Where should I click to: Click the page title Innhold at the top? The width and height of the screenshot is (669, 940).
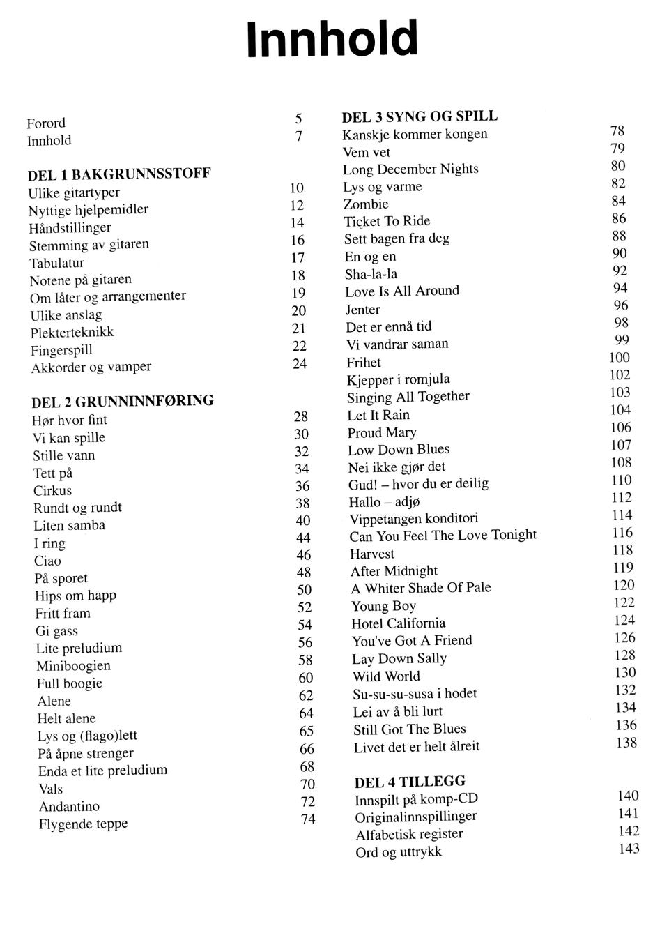(332, 40)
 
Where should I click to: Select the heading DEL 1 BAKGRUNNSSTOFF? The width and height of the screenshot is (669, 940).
(119, 174)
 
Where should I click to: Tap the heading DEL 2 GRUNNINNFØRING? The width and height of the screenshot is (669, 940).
(123, 402)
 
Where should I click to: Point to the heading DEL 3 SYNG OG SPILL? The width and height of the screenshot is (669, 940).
(420, 116)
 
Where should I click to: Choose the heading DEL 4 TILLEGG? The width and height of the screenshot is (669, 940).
(410, 782)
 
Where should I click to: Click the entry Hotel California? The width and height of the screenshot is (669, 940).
(398, 623)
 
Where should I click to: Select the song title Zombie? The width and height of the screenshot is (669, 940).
(366, 204)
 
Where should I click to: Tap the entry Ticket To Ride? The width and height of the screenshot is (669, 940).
(387, 222)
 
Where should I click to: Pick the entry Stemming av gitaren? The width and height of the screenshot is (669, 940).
(89, 245)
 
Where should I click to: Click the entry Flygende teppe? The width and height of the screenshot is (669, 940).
(83, 824)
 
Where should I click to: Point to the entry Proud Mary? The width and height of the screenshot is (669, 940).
(382, 432)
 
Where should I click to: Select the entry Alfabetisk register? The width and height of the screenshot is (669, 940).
(409, 834)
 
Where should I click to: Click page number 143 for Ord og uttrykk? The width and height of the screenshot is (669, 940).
(629, 849)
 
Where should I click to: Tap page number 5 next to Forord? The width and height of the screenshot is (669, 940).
(298, 119)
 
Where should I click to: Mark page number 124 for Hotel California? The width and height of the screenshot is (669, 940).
(624, 620)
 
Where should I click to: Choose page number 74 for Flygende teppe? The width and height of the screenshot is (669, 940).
(308, 819)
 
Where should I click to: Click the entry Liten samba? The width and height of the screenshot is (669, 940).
(70, 526)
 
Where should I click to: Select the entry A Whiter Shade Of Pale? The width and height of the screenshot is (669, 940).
(421, 588)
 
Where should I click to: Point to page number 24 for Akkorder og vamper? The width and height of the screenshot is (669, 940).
(300, 363)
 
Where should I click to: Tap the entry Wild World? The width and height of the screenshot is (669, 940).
(386, 676)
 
